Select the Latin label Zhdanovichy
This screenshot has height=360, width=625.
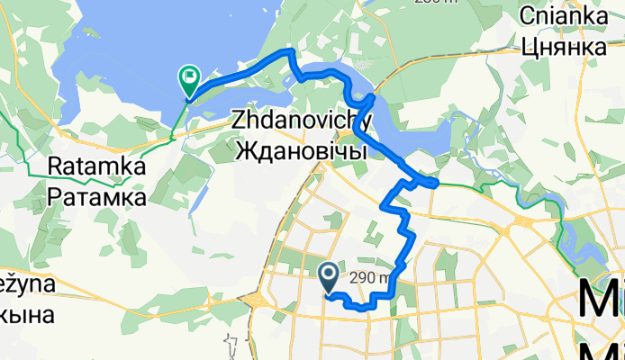(302, 120)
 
